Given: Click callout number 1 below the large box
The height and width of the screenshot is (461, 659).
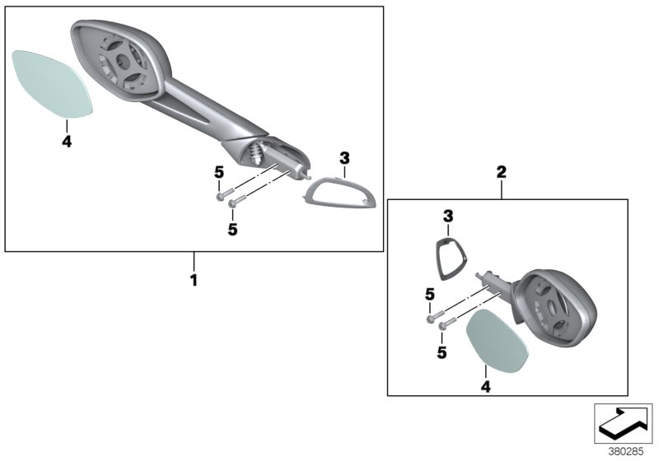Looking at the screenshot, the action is pyautogui.click(x=194, y=281).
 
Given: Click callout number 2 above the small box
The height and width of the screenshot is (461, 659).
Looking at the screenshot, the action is pyautogui.click(x=502, y=172).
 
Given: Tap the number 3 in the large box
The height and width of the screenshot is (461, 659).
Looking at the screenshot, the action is pyautogui.click(x=344, y=159).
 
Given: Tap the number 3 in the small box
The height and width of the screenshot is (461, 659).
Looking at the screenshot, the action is pyautogui.click(x=448, y=217).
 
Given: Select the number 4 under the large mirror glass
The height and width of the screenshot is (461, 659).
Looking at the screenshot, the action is pyautogui.click(x=67, y=142).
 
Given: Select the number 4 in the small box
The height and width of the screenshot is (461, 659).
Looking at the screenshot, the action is pyautogui.click(x=485, y=387).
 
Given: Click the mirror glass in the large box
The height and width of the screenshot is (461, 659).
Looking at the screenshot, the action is pyautogui.click(x=52, y=84).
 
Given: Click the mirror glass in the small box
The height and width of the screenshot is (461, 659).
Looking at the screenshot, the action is pyautogui.click(x=498, y=341).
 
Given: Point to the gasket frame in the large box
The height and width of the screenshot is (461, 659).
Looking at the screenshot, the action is pyautogui.click(x=340, y=192).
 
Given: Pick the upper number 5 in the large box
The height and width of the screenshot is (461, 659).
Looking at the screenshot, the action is pyautogui.click(x=219, y=172).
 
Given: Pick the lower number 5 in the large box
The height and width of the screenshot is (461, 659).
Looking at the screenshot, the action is pyautogui.click(x=232, y=229).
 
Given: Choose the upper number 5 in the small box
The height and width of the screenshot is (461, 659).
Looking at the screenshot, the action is pyautogui.click(x=429, y=295).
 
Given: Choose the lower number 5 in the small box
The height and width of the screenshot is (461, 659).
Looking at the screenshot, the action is pyautogui.click(x=442, y=352).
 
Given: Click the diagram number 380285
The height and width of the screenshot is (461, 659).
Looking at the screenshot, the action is pyautogui.click(x=625, y=452).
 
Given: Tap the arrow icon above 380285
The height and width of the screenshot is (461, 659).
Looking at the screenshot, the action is pyautogui.click(x=623, y=423).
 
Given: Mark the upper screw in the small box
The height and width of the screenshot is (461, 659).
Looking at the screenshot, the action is pyautogui.click(x=436, y=316).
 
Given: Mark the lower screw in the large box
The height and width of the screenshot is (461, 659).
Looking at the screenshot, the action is pyautogui.click(x=236, y=202).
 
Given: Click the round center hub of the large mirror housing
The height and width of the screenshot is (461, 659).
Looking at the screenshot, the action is pyautogui.click(x=122, y=61).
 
